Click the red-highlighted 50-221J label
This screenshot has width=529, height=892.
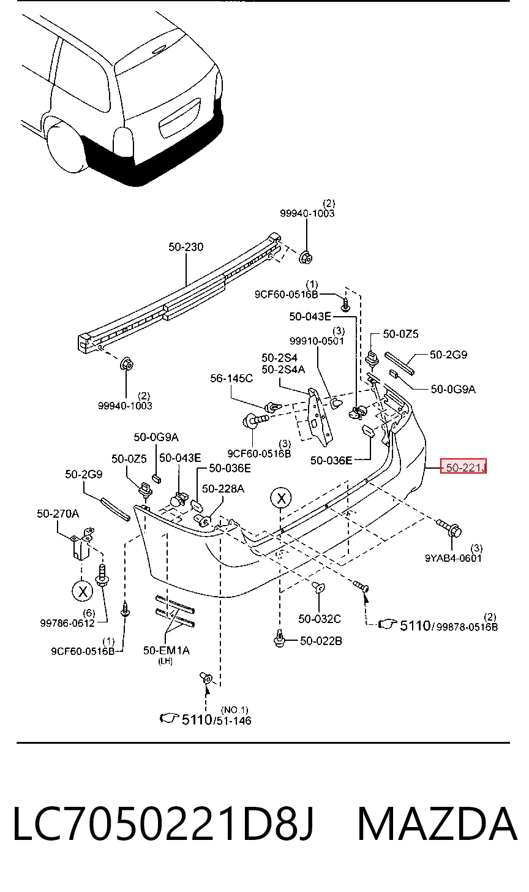[x=463, y=466]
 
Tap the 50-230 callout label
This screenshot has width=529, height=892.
[x=186, y=247]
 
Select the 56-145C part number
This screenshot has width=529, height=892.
[x=231, y=378]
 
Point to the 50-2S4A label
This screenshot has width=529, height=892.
[x=283, y=369]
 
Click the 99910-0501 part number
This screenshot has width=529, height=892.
[x=317, y=341]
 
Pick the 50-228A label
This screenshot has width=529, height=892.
[x=223, y=489]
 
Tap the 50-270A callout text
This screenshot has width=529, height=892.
[x=58, y=513]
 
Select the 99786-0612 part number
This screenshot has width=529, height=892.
[x=67, y=623]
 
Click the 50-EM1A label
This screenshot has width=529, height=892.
[x=167, y=650]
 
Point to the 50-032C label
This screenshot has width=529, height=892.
[x=320, y=618]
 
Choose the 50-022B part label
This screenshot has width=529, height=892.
[x=321, y=641]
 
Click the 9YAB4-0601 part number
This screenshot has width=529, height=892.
[x=453, y=558]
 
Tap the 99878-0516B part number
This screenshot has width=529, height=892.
[x=467, y=627]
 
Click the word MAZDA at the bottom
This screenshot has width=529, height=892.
[x=437, y=823]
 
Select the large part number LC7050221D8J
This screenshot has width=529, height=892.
[x=163, y=823]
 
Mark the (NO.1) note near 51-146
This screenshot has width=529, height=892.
[x=234, y=709]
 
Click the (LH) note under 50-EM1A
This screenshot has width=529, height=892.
[x=165, y=661]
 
